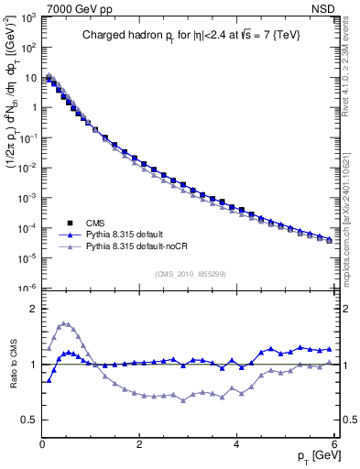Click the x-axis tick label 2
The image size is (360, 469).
point(138,444)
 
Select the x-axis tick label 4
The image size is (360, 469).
point(236,444)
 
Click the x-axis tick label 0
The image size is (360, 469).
point(42,444)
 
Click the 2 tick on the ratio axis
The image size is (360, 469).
point(33,309)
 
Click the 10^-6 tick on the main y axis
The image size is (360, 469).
point(27,288)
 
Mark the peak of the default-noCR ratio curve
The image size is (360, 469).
point(63,323)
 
